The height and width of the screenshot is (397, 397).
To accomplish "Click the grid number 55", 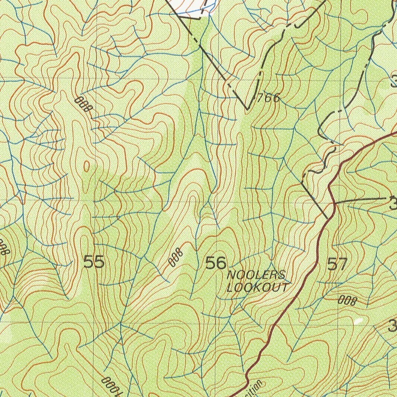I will click(x=94, y=262).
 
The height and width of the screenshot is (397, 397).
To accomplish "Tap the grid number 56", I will click(x=216, y=263).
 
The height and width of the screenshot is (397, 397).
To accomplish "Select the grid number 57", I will click(x=337, y=264).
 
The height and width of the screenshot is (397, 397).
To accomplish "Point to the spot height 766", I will click(x=268, y=98).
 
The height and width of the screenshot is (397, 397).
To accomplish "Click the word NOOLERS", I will click(x=256, y=276).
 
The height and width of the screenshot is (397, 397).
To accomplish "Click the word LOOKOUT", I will click(x=258, y=288).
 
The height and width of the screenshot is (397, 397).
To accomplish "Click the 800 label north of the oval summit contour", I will click(x=83, y=105).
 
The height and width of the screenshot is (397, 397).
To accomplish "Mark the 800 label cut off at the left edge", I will click(x=3, y=247).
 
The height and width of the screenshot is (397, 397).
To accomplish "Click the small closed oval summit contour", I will click(x=86, y=167).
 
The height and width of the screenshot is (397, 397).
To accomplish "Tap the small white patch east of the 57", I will click(x=358, y=321).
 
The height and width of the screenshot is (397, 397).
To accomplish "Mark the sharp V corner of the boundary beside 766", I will click(x=247, y=109).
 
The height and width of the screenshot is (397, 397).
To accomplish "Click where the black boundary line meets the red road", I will click(x=328, y=217).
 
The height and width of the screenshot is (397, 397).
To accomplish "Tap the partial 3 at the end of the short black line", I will click(x=393, y=203).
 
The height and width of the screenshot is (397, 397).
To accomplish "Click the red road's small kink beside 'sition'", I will click(x=247, y=378).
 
